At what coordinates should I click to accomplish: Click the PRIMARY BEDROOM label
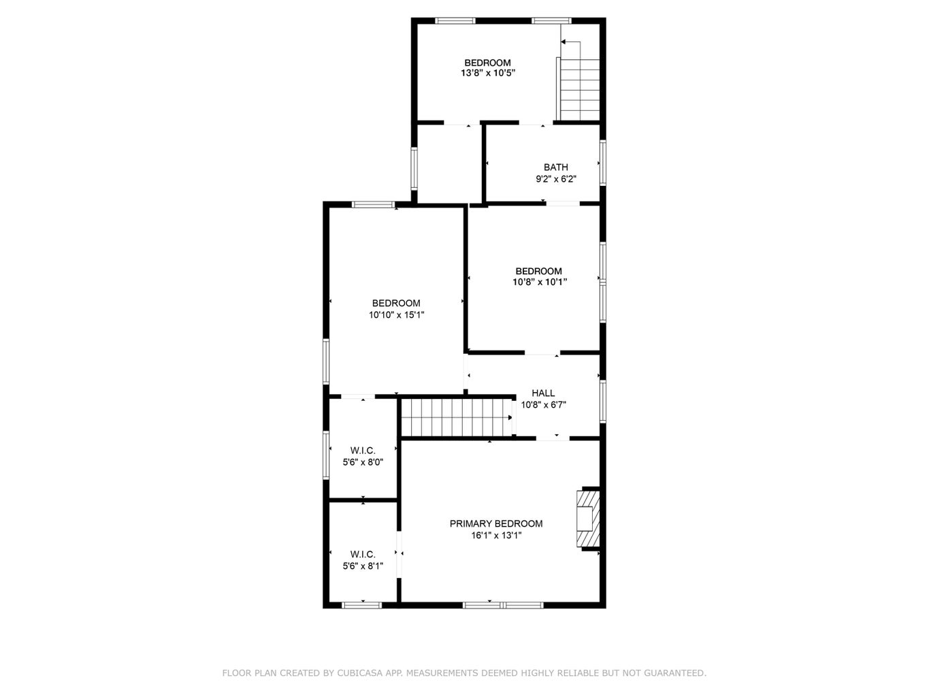pyautogui.click(x=496, y=523)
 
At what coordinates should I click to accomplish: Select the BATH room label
pyautogui.click(x=555, y=167)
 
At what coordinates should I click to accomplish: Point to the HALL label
pyautogui.click(x=543, y=393)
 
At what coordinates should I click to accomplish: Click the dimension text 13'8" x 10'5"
pyautogui.click(x=487, y=72)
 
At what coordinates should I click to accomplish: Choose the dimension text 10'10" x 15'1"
pyautogui.click(x=396, y=314)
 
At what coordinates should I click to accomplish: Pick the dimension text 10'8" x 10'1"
pyautogui.click(x=539, y=282)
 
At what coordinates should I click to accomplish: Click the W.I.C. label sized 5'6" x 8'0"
pyautogui.click(x=363, y=451)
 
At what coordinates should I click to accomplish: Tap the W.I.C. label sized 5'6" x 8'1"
pyautogui.click(x=363, y=554)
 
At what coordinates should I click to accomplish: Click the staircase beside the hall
pyautogui.click(x=456, y=417)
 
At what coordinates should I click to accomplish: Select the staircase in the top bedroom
pyautogui.click(x=580, y=89)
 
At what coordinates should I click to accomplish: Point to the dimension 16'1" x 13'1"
pyautogui.click(x=496, y=536)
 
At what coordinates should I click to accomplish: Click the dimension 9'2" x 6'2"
pyautogui.click(x=555, y=179)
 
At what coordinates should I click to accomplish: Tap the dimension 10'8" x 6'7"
pyautogui.click(x=543, y=404)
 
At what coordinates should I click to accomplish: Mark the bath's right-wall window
pyautogui.click(x=602, y=163)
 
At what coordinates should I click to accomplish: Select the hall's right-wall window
pyautogui.click(x=602, y=401)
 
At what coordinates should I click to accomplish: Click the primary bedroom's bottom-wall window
pyautogui.click(x=503, y=604)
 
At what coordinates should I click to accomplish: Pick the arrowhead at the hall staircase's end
pyautogui.click(x=510, y=417)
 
